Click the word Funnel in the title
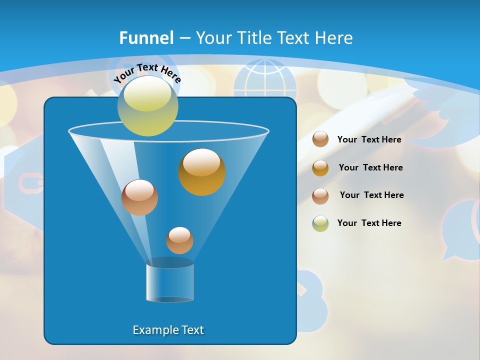pyautogui.click(x=146, y=38)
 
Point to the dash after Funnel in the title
pyautogui.click(x=184, y=38)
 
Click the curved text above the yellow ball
pyautogui.click(x=147, y=72)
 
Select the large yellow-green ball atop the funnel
pyautogui.click(x=147, y=106)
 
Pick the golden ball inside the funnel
pyautogui.click(x=202, y=172)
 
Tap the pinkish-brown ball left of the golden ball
pyautogui.click(x=139, y=197)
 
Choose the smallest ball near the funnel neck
pyautogui.click(x=179, y=240)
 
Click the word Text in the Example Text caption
pyautogui.click(x=192, y=330)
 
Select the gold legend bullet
pyautogui.click(x=320, y=168)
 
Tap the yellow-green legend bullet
pyautogui.click(x=320, y=223)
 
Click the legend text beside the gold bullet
pyautogui.click(x=370, y=167)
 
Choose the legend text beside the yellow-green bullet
pyautogui.click(x=369, y=223)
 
